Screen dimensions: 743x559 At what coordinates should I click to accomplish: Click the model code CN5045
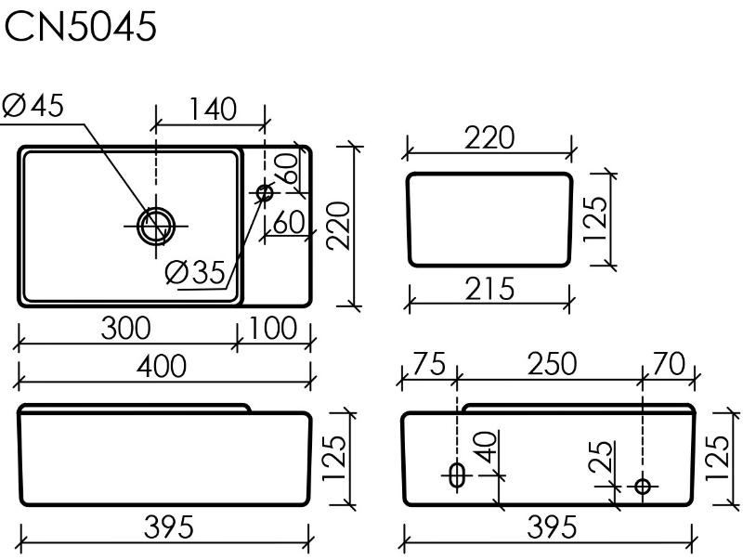80,27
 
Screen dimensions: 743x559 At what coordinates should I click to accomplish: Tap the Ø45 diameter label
33,105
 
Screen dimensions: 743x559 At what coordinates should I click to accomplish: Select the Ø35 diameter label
195,272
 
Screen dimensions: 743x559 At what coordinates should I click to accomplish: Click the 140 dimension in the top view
213,109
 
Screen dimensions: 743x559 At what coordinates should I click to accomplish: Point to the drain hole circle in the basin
156,226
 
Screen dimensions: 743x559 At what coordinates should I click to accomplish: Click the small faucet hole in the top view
265,192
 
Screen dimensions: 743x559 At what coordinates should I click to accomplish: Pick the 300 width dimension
126,328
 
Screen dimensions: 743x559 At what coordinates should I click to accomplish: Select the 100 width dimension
272,328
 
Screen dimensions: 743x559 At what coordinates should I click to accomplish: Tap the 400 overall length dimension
161,366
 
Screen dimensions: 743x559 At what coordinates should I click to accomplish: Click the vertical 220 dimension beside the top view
338,226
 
